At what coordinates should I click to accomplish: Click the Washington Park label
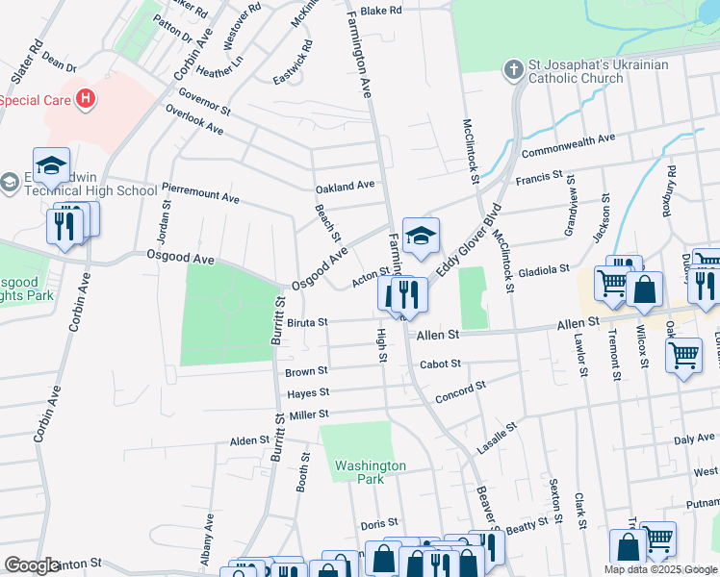[371, 472]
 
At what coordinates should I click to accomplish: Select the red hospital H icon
[87, 98]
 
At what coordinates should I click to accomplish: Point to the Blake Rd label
[380, 10]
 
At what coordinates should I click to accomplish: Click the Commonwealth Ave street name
[568, 146]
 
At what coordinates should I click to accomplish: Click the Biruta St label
[308, 322]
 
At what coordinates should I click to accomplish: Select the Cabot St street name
[440, 364]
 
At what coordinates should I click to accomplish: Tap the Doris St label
[373, 523]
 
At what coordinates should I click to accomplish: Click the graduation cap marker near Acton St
[421, 236]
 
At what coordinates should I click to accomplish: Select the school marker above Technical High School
[51, 164]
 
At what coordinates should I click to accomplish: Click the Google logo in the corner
[32, 565]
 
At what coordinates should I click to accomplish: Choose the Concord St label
[461, 389]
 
